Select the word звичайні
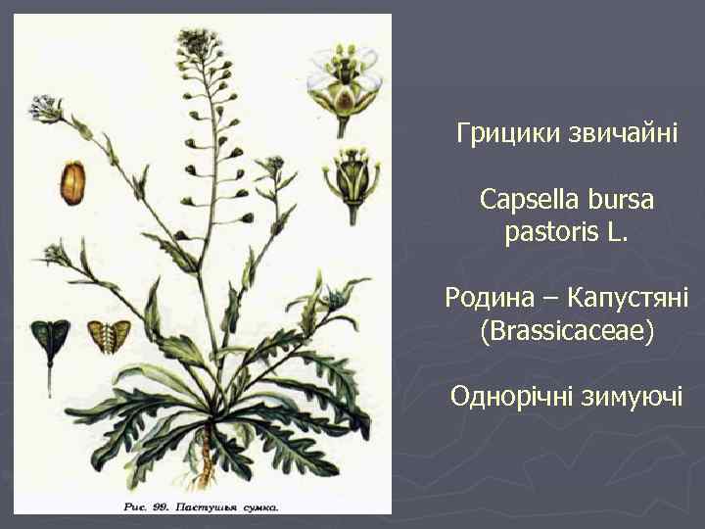tap(609, 132)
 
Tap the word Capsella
tap(529, 200)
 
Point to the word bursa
tap(619, 200)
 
